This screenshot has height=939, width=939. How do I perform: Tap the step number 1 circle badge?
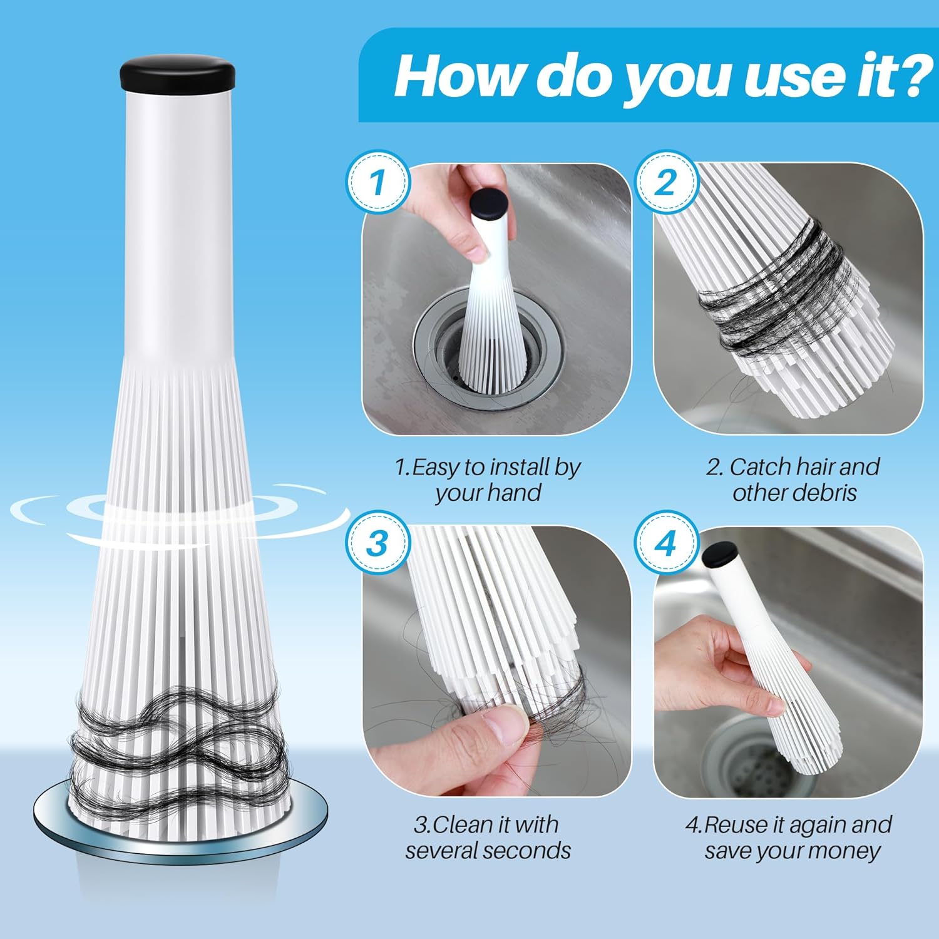click(x=377, y=182)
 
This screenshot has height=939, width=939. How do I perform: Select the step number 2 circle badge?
click(x=666, y=182)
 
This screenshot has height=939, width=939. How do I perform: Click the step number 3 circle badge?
click(x=377, y=543)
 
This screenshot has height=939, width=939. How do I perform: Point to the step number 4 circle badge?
click(x=666, y=543)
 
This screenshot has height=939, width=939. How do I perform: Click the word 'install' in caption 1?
click(x=517, y=467)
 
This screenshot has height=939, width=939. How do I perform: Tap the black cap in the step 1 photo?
click(x=488, y=203)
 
